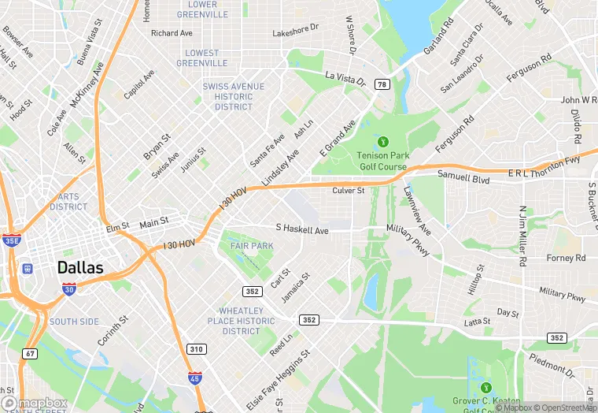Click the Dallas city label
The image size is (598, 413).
coord(79,268)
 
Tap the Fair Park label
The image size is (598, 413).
coord(252,246)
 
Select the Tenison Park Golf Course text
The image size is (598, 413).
coord(382,161)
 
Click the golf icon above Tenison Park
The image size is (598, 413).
coord(383,142)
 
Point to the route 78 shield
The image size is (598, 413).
coord(382,84)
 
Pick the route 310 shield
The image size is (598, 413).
coord(196,348)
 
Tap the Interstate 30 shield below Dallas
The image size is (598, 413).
coord(69,289)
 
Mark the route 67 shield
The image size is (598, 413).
coord(30,354)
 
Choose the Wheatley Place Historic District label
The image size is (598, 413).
coord(241,321)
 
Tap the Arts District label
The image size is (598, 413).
coord(68,202)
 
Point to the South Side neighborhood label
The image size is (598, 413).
coord(74,322)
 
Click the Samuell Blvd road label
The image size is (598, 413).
coord(464,179)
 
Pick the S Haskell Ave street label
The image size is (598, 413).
coord(301,229)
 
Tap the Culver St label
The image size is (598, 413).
coord(349,191)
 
